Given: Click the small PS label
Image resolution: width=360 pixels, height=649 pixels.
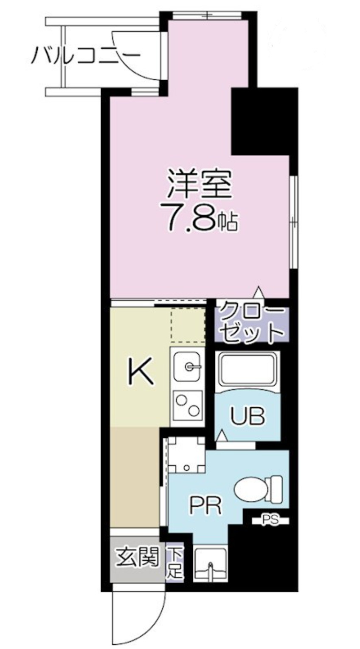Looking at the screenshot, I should [270, 520].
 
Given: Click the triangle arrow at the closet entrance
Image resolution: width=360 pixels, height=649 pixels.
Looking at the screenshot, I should [258, 293].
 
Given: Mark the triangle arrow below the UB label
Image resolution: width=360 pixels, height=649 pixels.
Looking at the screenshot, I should [221, 437].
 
